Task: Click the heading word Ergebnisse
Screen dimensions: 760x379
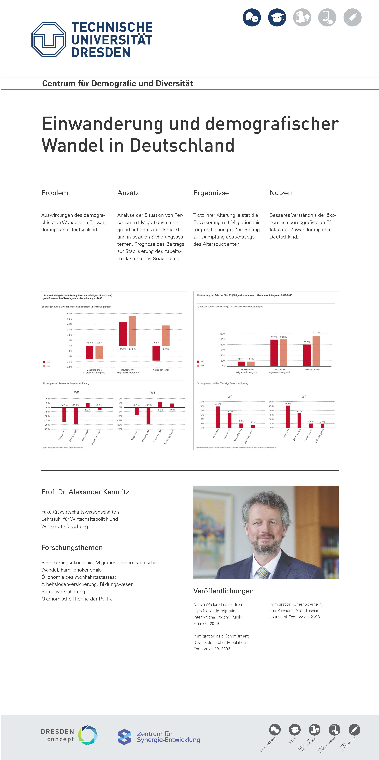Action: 211,193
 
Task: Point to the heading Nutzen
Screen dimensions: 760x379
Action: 281,193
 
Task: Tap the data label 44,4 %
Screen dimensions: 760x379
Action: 123,349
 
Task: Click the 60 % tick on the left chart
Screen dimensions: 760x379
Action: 70,314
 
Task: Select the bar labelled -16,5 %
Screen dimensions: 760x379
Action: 64,415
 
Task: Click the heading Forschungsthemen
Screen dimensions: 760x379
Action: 72,548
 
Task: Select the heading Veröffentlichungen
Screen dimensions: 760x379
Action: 223,591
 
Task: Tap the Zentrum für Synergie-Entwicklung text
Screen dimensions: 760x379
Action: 168,737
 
